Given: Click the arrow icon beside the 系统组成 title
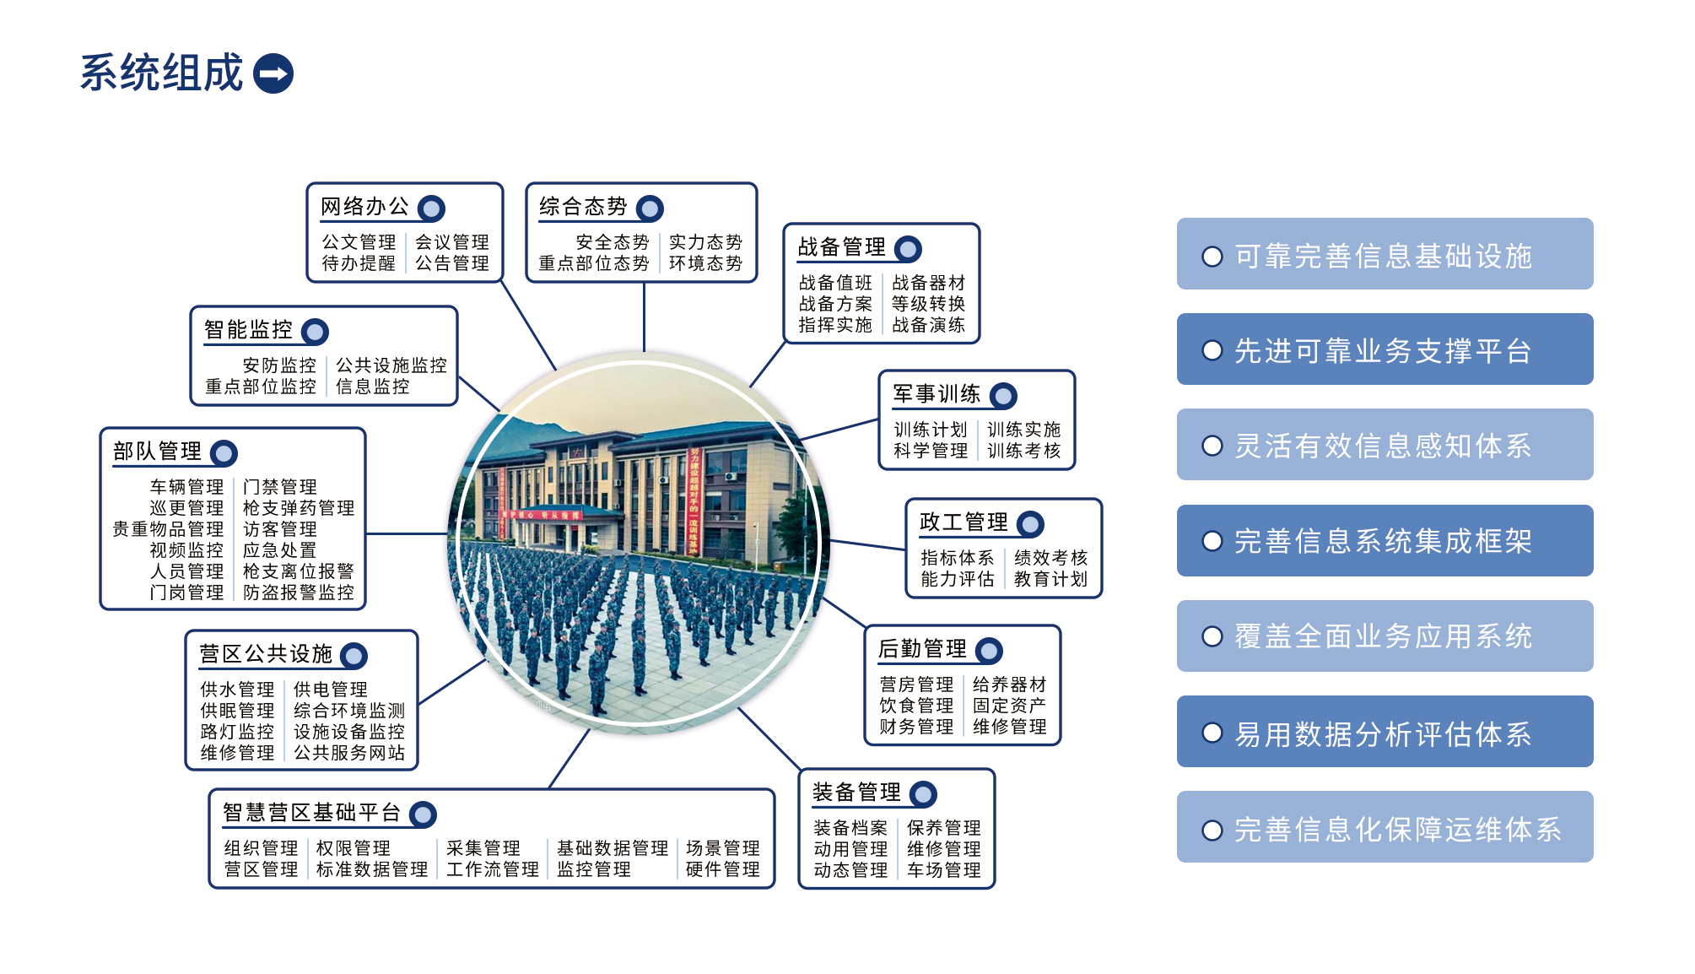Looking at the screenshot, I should click(x=273, y=73).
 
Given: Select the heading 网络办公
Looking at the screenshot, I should click(x=364, y=207).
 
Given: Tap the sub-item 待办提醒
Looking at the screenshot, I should click(x=359, y=263).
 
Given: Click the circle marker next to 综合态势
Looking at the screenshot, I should click(x=650, y=208).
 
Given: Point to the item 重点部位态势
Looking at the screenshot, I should click(x=594, y=263).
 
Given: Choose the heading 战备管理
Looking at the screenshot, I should click(x=841, y=247).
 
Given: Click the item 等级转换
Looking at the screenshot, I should click(x=928, y=304).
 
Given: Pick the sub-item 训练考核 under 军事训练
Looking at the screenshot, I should click(x=1023, y=451).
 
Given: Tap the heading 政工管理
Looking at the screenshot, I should click(x=964, y=522).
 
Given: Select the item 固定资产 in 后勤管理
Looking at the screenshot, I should click(x=1009, y=706).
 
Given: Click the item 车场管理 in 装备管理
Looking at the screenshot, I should click(x=943, y=870).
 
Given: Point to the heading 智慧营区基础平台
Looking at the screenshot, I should click(x=311, y=813).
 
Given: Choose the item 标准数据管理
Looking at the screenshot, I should click(x=372, y=869).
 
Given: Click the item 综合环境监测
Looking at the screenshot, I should click(x=349, y=711).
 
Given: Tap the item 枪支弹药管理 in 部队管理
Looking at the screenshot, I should click(x=299, y=508).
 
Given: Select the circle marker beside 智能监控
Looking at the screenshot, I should click(x=316, y=332).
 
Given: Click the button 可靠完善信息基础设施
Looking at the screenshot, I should click(x=1385, y=254).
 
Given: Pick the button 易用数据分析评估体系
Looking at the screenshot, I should click(x=1385, y=732).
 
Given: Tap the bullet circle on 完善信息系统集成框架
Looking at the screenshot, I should click(x=1212, y=541).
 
